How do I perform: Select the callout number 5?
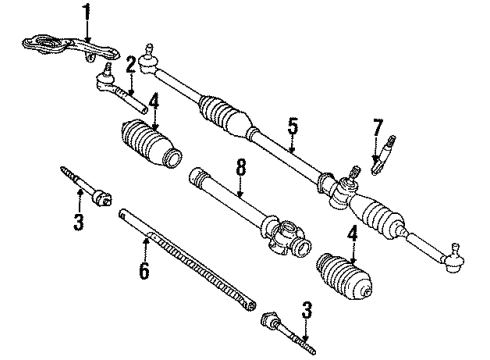point(293,127)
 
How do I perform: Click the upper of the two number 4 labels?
point(153,101)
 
